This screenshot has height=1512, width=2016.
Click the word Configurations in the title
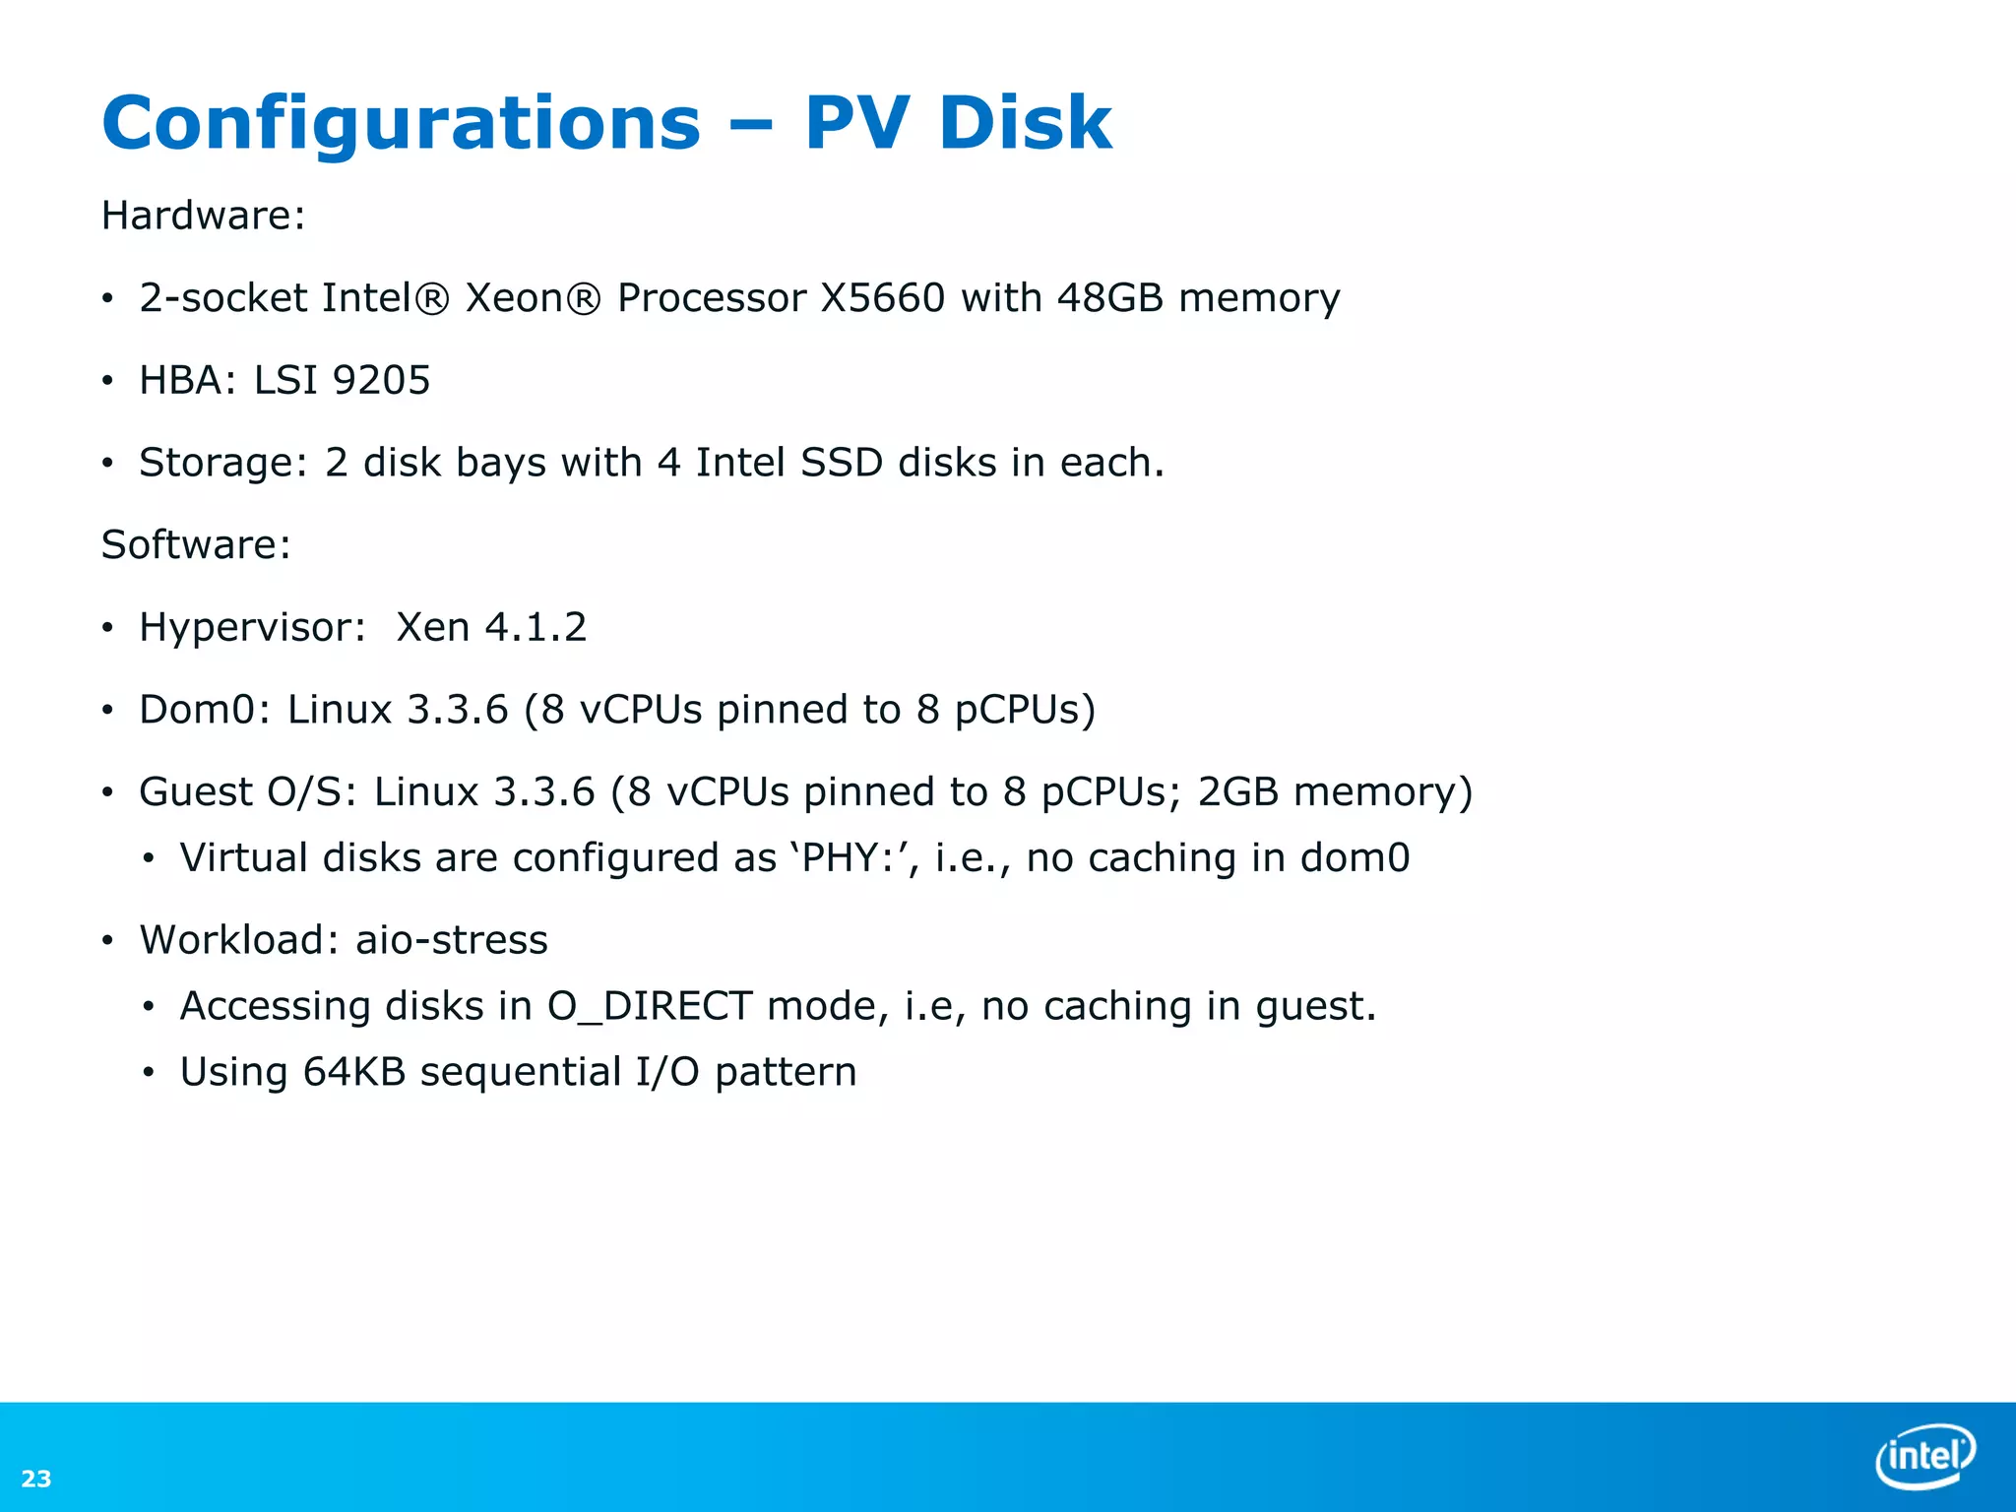pyautogui.click(x=401, y=125)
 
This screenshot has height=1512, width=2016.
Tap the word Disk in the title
pyautogui.click(x=1025, y=125)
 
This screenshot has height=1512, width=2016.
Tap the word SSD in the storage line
pyautogui.click(x=842, y=463)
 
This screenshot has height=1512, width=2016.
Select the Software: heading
pyautogui.click(x=196, y=545)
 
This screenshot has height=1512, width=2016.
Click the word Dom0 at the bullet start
pyautogui.click(x=197, y=710)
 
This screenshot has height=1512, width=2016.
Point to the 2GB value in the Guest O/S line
pyautogui.click(x=1237, y=792)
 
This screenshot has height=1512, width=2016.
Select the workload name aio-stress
pyautogui.click(x=452, y=940)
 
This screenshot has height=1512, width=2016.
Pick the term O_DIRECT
pyautogui.click(x=650, y=1006)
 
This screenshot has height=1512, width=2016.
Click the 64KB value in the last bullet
pyautogui.click(x=354, y=1072)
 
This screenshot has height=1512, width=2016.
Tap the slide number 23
pyautogui.click(x=36, y=1479)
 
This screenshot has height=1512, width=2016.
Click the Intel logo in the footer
pyautogui.click(x=1924, y=1455)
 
